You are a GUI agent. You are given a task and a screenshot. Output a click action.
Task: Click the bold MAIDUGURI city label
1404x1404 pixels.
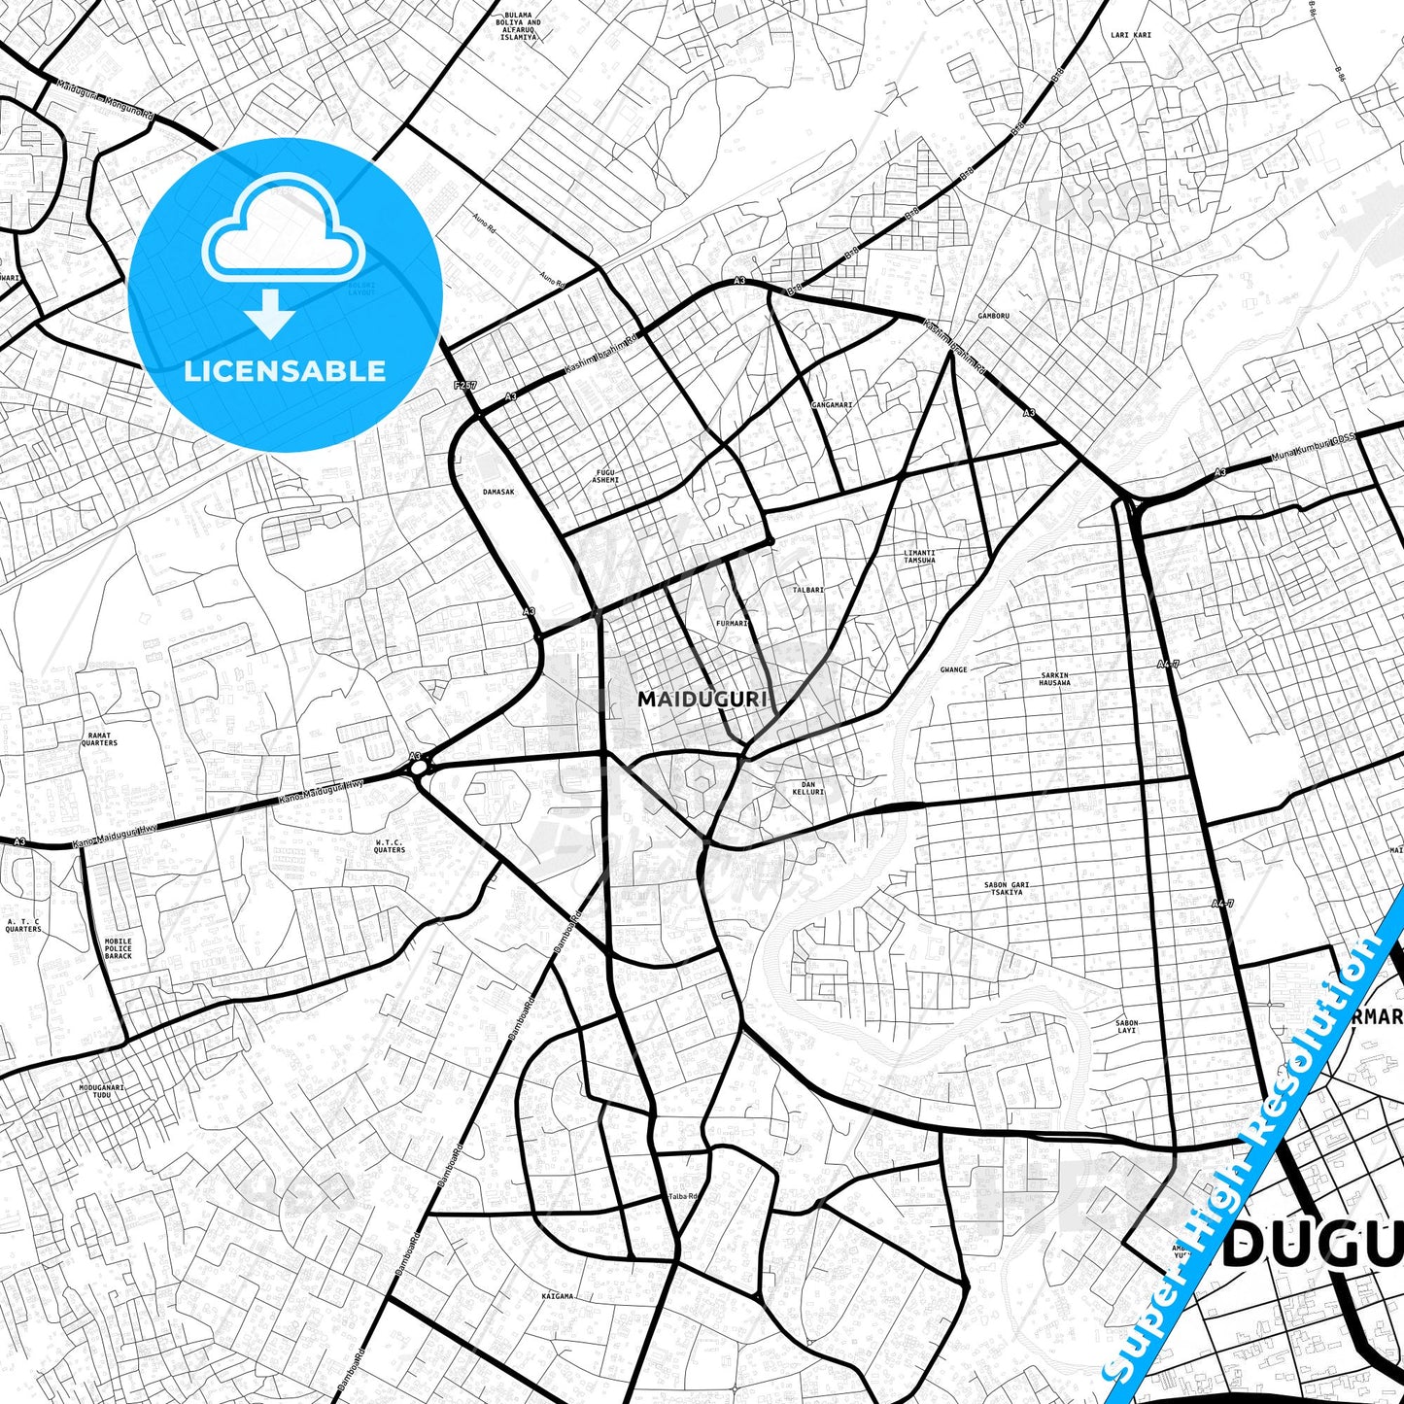point(702,699)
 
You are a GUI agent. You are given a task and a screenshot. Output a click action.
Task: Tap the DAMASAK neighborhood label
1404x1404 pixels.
point(498,492)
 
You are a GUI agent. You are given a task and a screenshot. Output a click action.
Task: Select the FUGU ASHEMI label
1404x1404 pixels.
point(605,475)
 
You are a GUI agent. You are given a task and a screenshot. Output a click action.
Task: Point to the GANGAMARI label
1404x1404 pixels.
point(832,404)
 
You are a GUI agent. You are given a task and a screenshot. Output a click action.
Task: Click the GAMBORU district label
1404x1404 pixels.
point(994,316)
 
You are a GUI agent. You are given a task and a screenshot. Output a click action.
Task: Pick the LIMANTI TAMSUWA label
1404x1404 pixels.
point(919,556)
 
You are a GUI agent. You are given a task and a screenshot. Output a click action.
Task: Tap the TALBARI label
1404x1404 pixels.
point(807,590)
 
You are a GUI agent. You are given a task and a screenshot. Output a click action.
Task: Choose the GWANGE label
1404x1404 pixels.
point(953,669)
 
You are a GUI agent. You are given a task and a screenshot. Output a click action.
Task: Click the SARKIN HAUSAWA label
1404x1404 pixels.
point(1054,678)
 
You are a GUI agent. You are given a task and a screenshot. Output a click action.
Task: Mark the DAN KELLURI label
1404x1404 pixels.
point(807,787)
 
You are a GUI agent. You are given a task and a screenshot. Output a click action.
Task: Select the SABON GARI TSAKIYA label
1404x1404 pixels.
point(1007,888)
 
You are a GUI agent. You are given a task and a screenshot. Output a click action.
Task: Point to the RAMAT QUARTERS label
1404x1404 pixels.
point(99,739)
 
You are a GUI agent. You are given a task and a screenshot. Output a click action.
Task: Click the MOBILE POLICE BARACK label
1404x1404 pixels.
point(119,948)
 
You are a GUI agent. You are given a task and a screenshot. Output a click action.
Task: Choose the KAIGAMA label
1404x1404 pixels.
point(557,1296)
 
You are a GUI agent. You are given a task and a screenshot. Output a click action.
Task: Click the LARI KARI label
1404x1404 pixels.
point(1130,35)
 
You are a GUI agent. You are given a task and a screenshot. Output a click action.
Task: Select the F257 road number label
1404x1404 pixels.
point(465,385)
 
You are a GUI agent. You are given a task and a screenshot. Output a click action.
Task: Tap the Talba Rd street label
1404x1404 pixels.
point(682,1196)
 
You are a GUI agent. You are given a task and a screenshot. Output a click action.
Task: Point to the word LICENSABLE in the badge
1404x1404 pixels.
point(285,370)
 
